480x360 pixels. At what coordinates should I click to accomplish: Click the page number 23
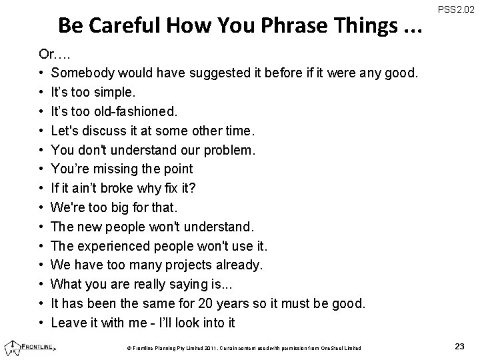point(459,346)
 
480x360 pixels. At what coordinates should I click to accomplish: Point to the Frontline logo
point(30,346)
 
